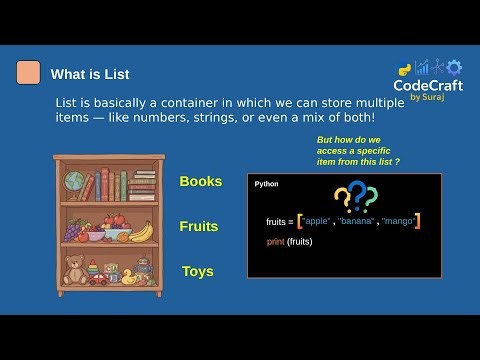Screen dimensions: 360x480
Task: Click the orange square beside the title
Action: tap(29, 73)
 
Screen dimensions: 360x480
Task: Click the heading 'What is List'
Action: tap(90, 74)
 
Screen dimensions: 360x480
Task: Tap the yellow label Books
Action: tap(201, 181)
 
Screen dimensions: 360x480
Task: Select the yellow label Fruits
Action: tap(199, 226)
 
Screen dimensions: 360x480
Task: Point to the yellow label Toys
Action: tap(198, 271)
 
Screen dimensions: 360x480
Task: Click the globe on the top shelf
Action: tap(74, 182)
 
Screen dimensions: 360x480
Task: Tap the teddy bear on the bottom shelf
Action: tap(74, 270)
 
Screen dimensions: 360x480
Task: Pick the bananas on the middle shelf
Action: tap(142, 231)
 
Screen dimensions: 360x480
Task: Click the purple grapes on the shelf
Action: tap(73, 231)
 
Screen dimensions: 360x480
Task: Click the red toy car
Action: tap(98, 279)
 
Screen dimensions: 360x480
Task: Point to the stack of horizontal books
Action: tap(141, 186)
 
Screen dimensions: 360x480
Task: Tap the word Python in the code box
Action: tap(267, 184)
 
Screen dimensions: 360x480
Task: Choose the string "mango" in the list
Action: tap(397, 221)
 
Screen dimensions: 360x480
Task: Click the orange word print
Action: tap(275, 242)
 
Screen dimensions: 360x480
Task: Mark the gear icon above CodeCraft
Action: tap(454, 67)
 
